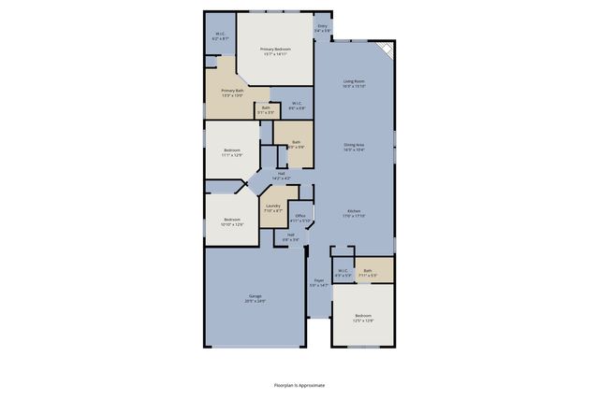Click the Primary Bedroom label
(275, 51)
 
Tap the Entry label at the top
(322, 29)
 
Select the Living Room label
(354, 84)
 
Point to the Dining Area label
(354, 147)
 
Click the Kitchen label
(354, 213)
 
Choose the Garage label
(255, 298)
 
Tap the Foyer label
(319, 282)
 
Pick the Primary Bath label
(232, 93)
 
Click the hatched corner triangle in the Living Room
(387, 49)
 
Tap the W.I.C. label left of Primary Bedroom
(219, 36)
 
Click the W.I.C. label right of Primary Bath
(295, 105)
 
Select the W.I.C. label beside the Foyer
(343, 273)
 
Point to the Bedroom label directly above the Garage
(231, 221)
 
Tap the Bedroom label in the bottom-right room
(363, 318)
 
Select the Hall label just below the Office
(291, 237)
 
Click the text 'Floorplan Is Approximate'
(299, 384)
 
